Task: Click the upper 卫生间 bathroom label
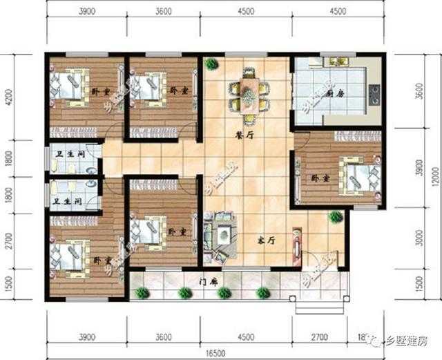pyautogui.click(x=70, y=154)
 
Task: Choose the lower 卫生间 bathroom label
pyautogui.click(x=69, y=202)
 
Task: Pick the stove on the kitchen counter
pyautogui.click(x=376, y=90)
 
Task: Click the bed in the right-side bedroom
pyautogui.click(x=360, y=175)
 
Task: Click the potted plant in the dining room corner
pyautogui.click(x=211, y=65)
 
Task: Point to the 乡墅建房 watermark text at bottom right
pyautogui.click(x=408, y=342)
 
